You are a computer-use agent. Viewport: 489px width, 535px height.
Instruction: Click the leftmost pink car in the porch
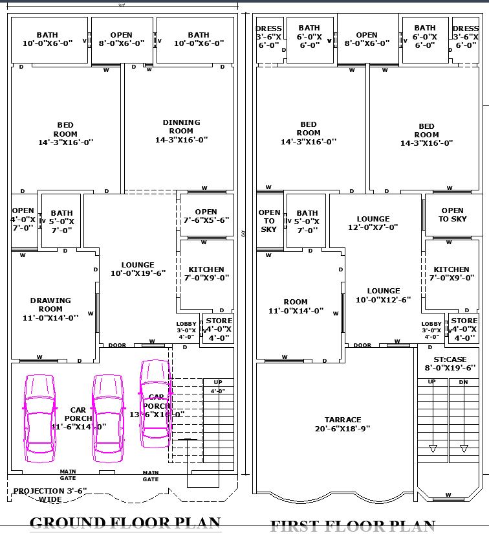point(39,418)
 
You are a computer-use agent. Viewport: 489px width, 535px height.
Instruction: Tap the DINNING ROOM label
point(181,131)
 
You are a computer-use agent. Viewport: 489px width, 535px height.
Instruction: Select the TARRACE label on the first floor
point(343,424)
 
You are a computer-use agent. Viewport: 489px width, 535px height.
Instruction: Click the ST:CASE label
point(450,363)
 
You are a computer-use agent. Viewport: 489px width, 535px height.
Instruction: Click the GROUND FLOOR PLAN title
point(125,522)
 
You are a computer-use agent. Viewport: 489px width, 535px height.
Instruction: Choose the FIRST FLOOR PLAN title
point(353,526)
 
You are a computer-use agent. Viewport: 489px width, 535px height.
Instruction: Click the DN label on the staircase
point(463,381)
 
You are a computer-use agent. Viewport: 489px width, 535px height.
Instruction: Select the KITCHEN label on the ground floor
point(206,273)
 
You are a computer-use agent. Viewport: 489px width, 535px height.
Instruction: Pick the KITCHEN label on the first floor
point(451,273)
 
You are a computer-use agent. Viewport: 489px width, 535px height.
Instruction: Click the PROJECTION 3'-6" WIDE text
point(50,495)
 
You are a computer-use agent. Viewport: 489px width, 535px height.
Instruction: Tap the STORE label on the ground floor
point(219,329)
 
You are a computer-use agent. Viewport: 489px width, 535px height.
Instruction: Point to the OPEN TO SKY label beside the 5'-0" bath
point(269,221)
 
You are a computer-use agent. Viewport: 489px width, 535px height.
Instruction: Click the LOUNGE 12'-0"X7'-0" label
point(373,223)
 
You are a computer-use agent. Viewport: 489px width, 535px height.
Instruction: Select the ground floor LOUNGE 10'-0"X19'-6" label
point(138,269)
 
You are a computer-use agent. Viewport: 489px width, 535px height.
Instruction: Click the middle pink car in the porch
point(107,418)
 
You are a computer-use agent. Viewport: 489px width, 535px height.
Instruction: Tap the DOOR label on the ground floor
point(117,345)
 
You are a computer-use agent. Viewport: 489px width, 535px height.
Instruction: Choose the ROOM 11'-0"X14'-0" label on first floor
point(295,306)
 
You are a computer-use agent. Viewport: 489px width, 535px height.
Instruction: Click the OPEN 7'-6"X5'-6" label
point(206,216)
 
